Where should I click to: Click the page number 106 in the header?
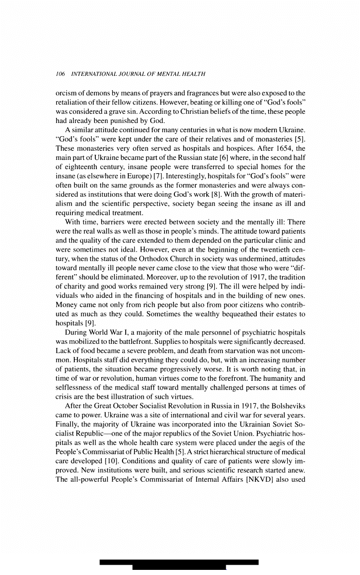pos(60,74)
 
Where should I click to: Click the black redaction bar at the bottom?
pos(179,564)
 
